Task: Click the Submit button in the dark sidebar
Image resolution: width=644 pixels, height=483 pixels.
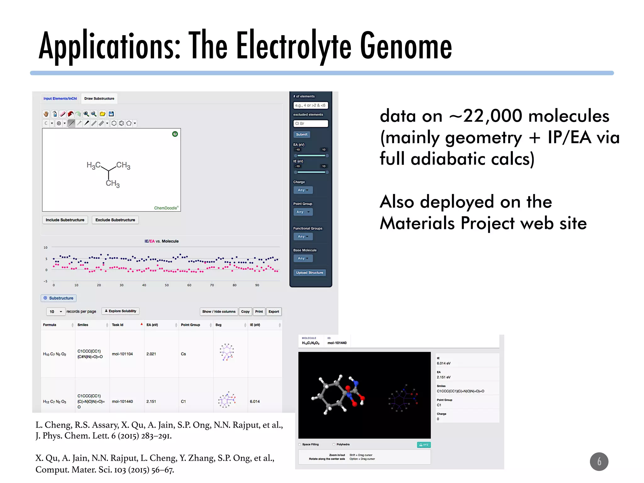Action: click(302, 135)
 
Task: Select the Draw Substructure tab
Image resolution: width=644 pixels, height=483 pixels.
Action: click(99, 99)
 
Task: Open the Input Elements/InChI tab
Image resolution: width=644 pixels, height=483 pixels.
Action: click(60, 99)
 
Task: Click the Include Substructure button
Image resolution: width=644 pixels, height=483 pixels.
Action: click(65, 220)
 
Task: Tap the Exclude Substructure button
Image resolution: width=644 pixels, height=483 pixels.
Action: click(115, 220)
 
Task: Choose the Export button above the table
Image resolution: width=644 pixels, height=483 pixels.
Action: click(274, 312)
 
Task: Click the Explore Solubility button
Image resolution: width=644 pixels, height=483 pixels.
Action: click(120, 311)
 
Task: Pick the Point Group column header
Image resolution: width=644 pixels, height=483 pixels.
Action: click(190, 325)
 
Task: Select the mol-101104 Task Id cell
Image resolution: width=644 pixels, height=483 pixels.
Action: click(122, 354)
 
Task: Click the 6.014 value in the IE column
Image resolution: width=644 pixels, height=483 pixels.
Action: click(255, 402)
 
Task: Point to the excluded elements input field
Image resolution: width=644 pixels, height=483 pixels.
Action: click(310, 124)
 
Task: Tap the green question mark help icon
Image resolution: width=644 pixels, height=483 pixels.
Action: click(175, 134)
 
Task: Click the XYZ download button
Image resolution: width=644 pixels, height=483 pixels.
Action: click(424, 445)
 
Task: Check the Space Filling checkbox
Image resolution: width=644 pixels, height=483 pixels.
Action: click(300, 444)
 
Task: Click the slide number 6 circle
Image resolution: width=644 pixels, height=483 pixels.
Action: click(599, 461)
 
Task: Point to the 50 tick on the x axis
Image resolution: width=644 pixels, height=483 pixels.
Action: click(167, 285)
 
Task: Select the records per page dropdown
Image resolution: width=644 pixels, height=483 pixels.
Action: click(56, 312)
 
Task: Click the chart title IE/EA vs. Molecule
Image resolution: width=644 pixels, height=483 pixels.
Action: click(161, 241)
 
